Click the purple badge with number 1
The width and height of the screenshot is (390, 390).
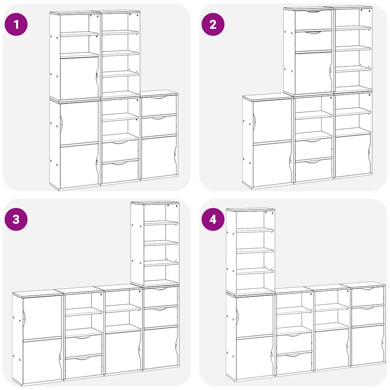[16, 24]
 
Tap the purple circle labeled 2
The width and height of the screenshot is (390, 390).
[213, 24]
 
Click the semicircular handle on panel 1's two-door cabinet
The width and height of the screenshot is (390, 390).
[61, 124]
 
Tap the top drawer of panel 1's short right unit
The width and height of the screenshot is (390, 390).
[159, 105]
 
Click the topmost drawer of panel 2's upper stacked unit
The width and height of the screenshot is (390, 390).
[313, 19]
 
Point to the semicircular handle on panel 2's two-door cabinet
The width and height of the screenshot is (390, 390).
[254, 122]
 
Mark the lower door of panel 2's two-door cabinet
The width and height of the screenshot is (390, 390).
[272, 164]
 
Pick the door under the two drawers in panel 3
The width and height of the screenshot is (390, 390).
[160, 347]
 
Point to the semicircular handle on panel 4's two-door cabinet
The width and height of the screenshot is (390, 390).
[237, 316]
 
